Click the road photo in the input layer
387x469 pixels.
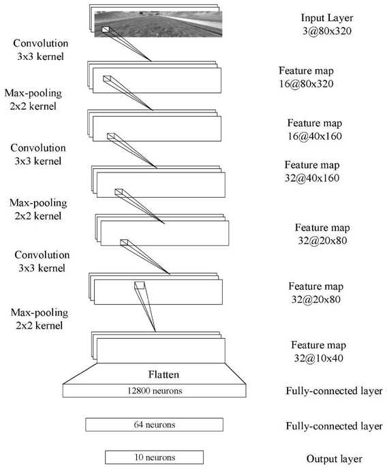coord(158,24)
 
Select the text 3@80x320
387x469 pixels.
coord(327,31)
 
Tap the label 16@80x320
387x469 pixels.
coord(307,83)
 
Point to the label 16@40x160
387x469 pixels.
coord(315,136)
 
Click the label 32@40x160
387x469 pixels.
coord(312,178)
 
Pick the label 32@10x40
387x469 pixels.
coord(319,358)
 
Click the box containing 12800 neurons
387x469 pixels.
coord(155,391)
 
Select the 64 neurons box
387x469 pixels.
coord(154,425)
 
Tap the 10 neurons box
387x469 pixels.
coord(154,457)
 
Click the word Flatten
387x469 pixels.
coord(164,374)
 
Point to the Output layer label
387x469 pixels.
coord(335,459)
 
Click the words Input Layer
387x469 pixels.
coord(327,18)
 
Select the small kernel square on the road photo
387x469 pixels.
coord(106,29)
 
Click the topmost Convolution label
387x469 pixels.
coord(41,44)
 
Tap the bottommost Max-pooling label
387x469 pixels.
coord(40,313)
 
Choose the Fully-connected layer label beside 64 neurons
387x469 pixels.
coord(334,426)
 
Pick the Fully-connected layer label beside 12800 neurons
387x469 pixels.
coord(334,391)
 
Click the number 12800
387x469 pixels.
coord(138,391)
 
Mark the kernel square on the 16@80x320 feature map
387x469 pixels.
coord(107,78)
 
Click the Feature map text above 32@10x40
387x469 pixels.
coord(319,345)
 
